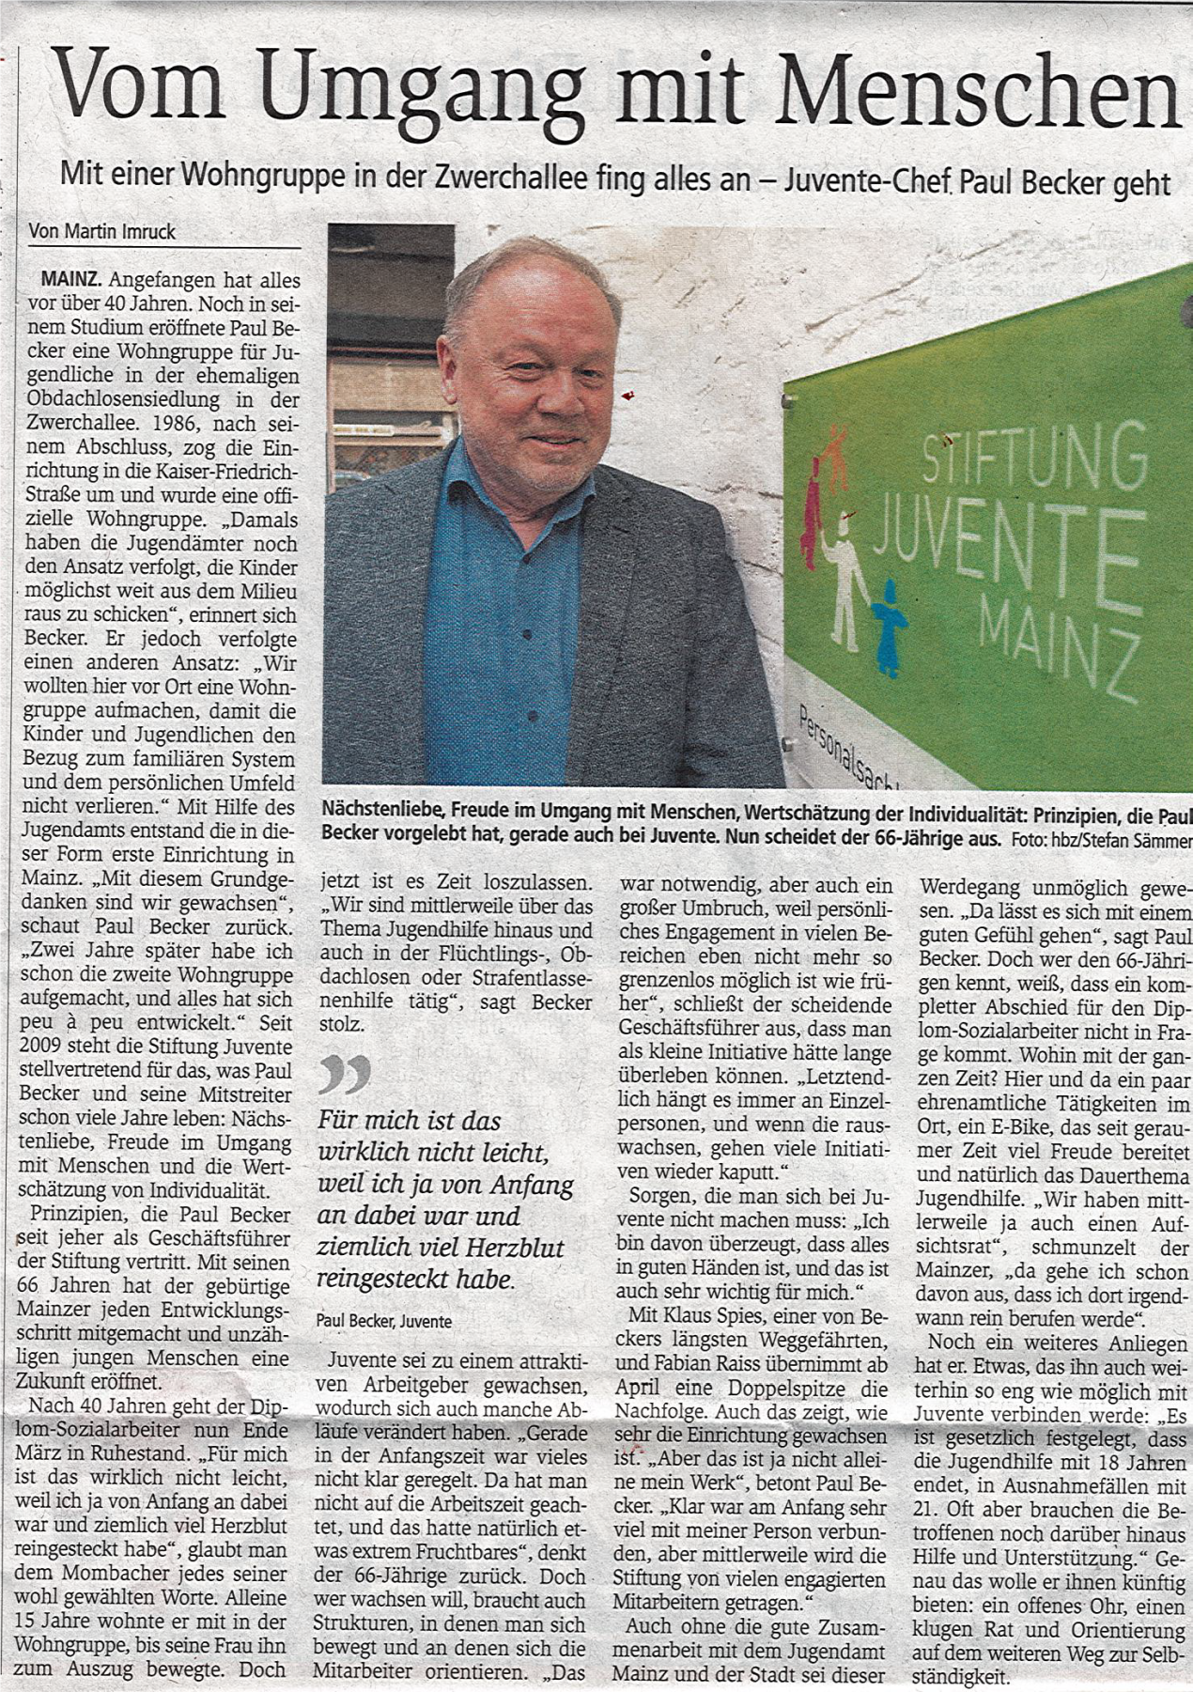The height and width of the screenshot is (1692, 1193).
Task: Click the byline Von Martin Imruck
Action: coord(101,231)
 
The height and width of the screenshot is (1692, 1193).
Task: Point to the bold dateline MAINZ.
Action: coord(72,280)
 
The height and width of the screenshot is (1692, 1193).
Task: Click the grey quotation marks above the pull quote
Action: coord(344,1074)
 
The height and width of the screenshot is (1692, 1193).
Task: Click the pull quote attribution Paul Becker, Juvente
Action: coord(383,1321)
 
